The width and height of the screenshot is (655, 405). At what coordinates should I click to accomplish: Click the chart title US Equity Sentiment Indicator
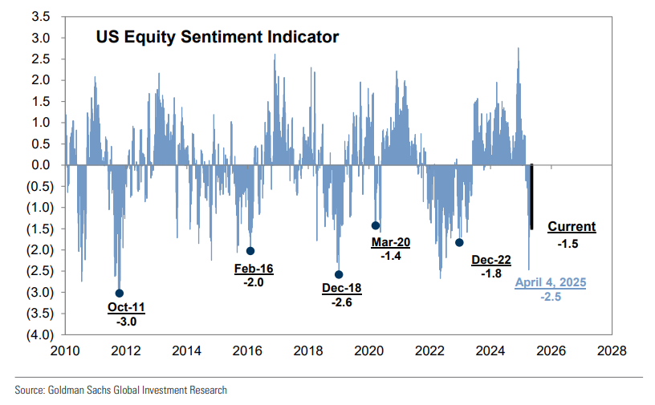pyautogui.click(x=217, y=38)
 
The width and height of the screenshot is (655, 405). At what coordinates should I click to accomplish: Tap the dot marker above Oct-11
pyautogui.click(x=120, y=294)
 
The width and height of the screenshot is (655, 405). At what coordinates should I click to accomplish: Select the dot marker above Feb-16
pyautogui.click(x=250, y=251)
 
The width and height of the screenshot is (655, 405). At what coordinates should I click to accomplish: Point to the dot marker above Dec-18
pyautogui.click(x=339, y=274)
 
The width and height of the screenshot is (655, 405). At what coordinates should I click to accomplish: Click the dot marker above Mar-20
pyautogui.click(x=376, y=225)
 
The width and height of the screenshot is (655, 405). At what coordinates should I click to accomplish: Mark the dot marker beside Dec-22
pyautogui.click(x=459, y=242)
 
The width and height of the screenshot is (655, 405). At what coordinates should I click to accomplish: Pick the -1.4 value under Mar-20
pyautogui.click(x=390, y=254)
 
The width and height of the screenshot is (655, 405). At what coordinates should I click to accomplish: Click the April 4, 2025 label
pyautogui.click(x=551, y=282)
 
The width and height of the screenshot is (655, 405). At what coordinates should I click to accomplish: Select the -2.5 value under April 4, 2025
pyautogui.click(x=551, y=297)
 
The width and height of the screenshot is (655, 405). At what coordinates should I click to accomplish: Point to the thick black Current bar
pyautogui.click(x=531, y=197)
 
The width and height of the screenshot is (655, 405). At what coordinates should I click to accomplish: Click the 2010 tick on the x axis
pyautogui.click(x=65, y=350)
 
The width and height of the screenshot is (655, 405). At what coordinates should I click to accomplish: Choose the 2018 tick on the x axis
pyautogui.click(x=308, y=350)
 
